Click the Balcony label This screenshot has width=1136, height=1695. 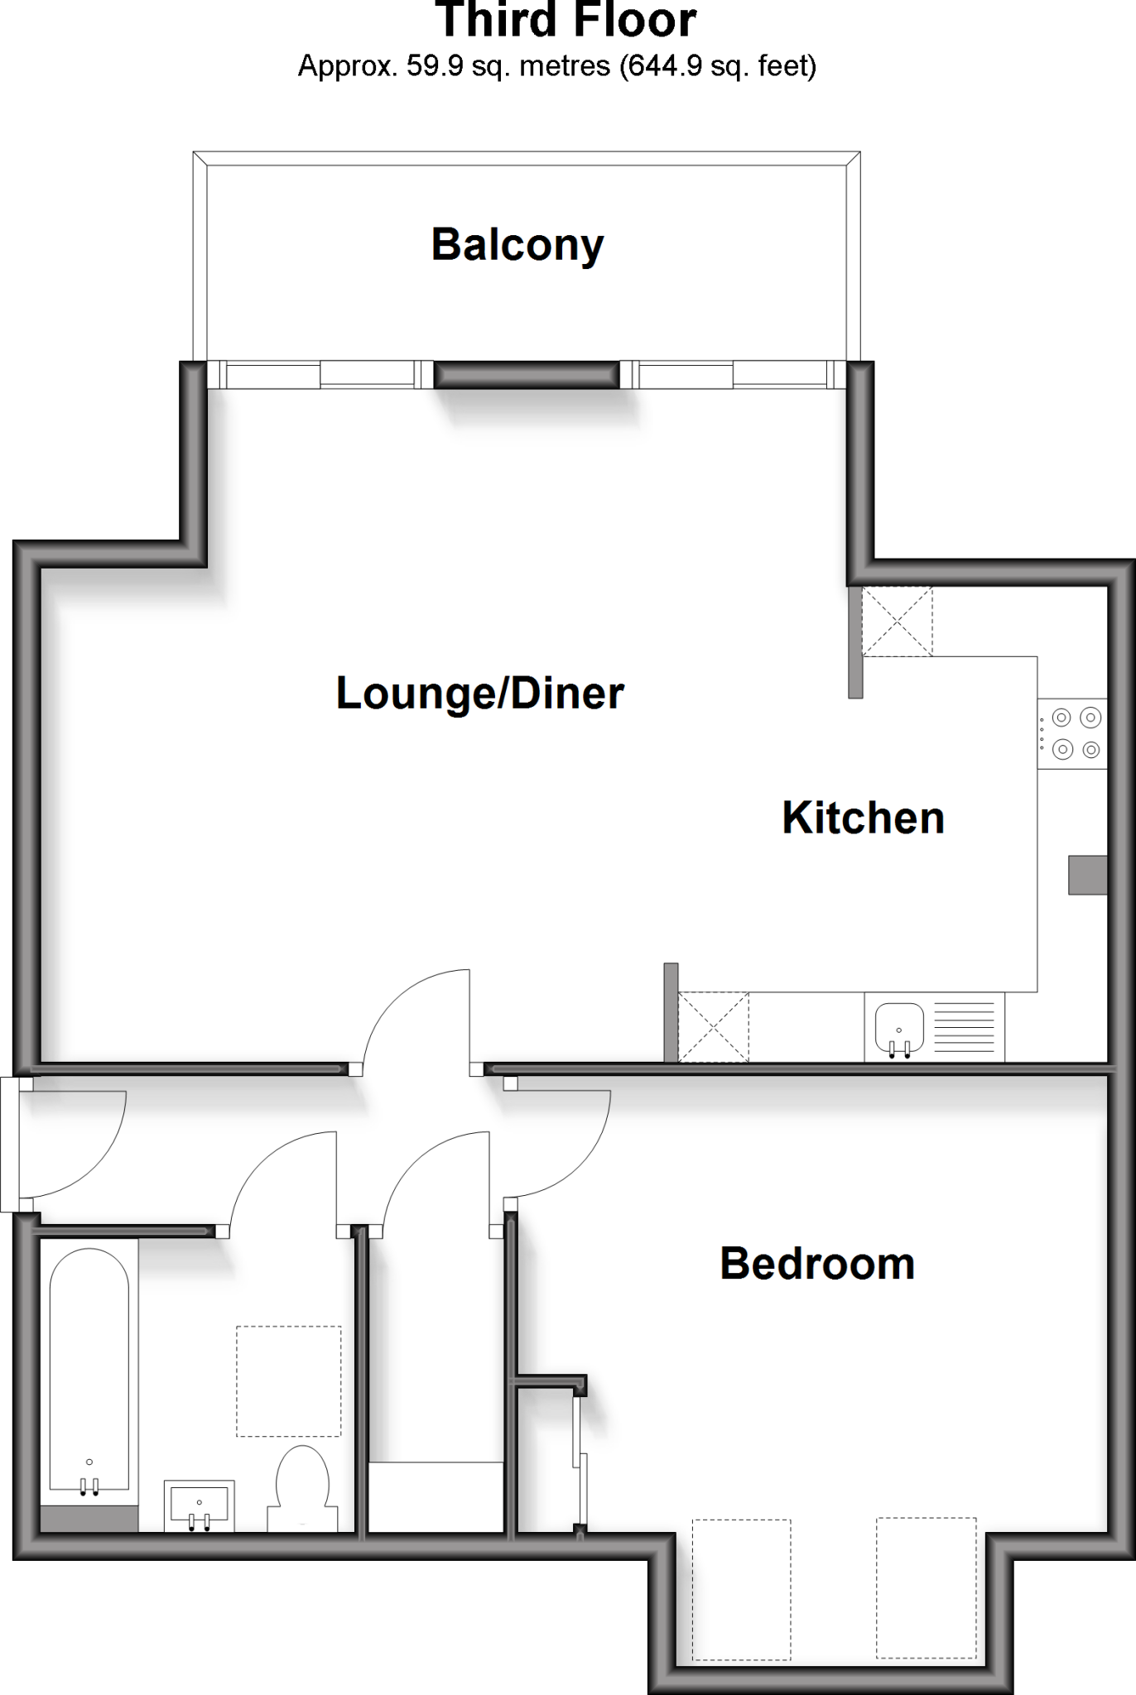[517, 245]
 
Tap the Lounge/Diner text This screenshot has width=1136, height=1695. [479, 693]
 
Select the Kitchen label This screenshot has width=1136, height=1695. [863, 818]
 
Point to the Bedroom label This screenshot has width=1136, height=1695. [817, 1264]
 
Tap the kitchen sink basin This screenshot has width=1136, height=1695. [899, 1026]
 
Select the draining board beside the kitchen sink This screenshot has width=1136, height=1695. [964, 1027]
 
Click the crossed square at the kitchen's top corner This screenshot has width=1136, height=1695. [897, 622]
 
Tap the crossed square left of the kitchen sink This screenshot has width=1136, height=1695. [713, 1027]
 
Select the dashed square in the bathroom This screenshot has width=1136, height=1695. [288, 1381]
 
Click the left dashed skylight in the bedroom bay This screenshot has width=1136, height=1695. [741, 1589]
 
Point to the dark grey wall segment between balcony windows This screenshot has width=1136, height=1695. [527, 375]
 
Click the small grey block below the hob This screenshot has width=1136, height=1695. [1087, 875]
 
